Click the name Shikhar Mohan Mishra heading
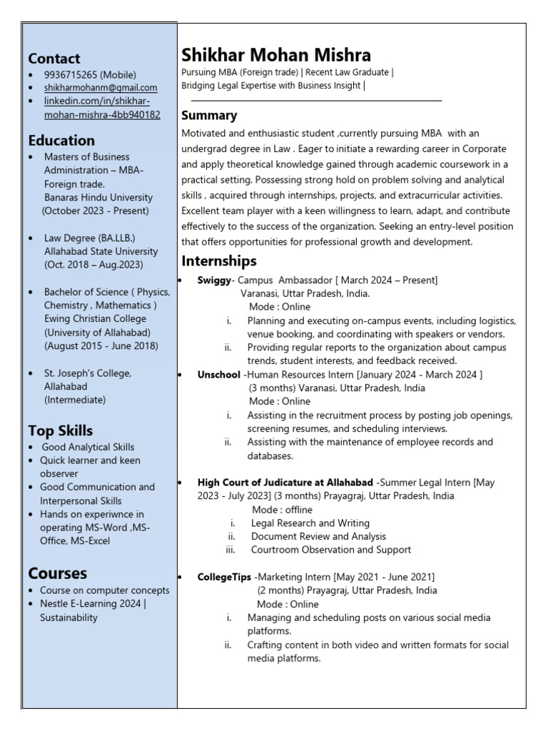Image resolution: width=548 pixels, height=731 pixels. point(276,55)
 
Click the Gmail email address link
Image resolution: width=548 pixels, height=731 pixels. point(101,88)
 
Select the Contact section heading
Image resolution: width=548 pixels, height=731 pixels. point(54,59)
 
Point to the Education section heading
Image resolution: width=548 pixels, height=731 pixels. point(61,140)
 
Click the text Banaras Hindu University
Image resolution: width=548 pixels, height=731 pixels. point(98,197)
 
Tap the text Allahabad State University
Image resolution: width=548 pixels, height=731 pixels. point(100,251)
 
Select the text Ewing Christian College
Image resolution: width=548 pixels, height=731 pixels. point(95,318)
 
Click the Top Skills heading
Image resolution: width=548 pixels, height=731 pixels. point(61,430)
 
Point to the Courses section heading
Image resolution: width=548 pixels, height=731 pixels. point(58,573)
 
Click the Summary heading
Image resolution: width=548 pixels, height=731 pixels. point(209,116)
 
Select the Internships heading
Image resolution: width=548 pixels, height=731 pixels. point(219,261)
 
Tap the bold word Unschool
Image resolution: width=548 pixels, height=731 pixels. point(218,374)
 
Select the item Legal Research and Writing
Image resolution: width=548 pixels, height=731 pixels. point(310,523)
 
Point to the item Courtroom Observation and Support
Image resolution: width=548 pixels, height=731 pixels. point(331,550)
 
